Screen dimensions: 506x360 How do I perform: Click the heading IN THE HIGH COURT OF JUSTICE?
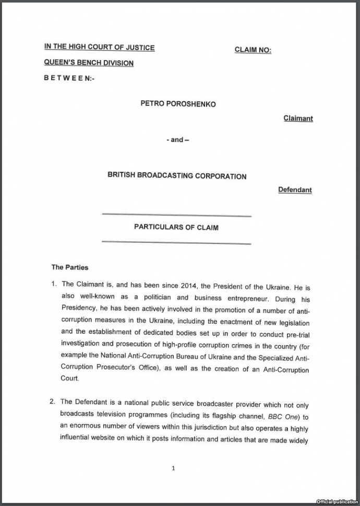(x=99, y=47)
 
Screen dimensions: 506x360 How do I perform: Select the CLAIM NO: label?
(x=253, y=50)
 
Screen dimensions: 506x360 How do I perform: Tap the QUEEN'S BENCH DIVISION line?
(x=89, y=63)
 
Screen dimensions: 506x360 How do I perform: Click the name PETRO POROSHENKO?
(x=178, y=104)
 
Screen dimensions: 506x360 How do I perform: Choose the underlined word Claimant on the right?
(x=298, y=119)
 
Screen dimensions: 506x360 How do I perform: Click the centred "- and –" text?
(x=177, y=140)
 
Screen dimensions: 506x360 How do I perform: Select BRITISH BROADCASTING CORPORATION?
(x=177, y=176)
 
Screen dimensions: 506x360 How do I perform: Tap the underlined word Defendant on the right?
(x=295, y=190)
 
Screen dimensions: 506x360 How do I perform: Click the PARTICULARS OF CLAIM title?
(x=176, y=227)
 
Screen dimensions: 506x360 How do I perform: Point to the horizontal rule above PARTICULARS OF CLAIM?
(x=176, y=215)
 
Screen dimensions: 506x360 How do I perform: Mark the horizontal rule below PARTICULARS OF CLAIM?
(x=176, y=242)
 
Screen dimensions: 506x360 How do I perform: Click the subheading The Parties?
(x=70, y=267)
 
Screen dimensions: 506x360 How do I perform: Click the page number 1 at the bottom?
(x=173, y=468)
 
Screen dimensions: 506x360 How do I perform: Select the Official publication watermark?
(x=337, y=501)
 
